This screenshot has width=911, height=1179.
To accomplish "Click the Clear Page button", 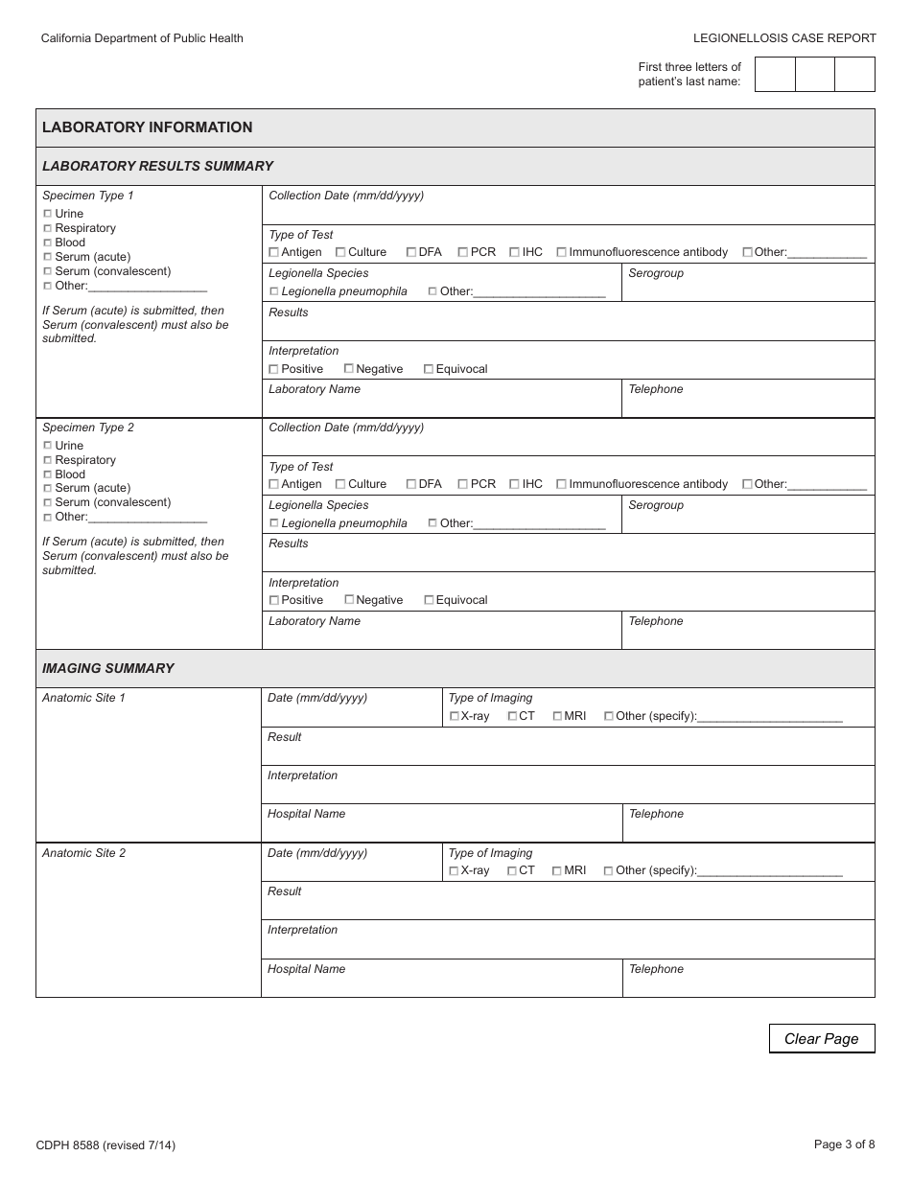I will pos(821,1039).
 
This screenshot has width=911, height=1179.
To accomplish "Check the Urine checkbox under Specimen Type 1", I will pos(48,214).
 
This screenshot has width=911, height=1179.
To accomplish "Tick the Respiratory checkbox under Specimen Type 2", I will pos(48,460).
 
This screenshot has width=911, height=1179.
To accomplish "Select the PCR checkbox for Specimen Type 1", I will pos(463,252).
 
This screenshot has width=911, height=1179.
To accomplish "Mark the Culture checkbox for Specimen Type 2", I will pos(340,484).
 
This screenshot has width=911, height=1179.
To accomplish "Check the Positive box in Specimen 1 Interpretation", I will pos(274,369).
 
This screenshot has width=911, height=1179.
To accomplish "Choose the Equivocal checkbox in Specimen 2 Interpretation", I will pos(429,600).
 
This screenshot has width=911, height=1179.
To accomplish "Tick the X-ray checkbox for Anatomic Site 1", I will pos(455,716).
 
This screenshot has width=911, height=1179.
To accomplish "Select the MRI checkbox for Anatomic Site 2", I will pos(558,870).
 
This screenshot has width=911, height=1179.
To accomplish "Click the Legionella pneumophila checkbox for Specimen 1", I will pos(274,291).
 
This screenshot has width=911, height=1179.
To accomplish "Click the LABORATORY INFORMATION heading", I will pos(148,127).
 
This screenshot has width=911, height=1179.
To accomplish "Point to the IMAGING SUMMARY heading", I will pos(108,668).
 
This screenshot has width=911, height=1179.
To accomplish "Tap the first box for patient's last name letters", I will pos(775,74).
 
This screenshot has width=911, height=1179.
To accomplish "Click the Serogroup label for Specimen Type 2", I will pos(656,505).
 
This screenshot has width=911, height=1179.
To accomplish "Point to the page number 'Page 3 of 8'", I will pos(844,1144).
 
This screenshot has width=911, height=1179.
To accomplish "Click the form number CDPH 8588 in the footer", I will pos(105,1144).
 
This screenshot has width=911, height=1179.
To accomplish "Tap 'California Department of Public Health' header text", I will pos(142,38).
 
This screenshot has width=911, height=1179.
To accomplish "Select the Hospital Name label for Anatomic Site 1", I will pos(306,814).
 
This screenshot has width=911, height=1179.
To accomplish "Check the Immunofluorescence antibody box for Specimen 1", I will pos(562,252).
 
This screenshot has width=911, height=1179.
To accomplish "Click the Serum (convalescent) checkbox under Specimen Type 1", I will pos(48,271).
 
